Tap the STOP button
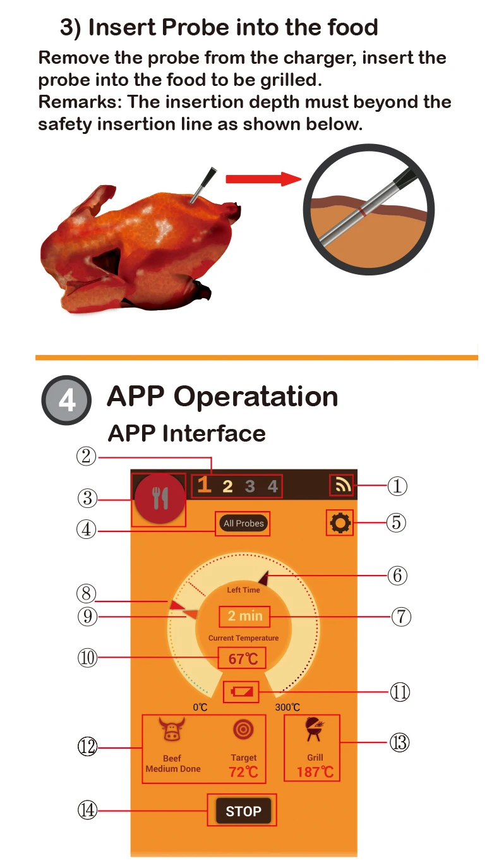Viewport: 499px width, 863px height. click(243, 811)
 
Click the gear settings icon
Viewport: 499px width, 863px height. click(340, 522)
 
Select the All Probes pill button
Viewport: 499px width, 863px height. click(244, 523)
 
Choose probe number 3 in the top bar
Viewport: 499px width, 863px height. click(250, 486)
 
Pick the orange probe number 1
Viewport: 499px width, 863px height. click(203, 485)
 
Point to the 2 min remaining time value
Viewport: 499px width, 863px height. click(244, 616)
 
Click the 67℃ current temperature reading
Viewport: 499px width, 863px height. click(243, 659)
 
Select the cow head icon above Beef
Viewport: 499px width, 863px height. click(171, 729)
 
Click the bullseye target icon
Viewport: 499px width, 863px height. click(243, 729)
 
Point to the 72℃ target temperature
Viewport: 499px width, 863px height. click(243, 771)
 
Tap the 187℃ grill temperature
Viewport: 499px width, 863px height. click(315, 772)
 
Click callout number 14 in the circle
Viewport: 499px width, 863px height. click(87, 810)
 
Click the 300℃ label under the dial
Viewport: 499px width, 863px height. click(287, 707)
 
